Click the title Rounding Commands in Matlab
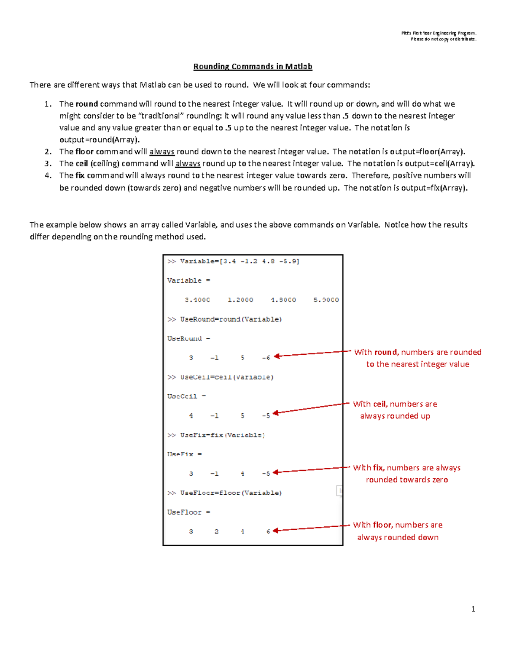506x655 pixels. (x=253, y=67)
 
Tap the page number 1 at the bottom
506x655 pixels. (x=473, y=609)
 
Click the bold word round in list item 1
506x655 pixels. (x=87, y=104)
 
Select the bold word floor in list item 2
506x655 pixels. (x=84, y=151)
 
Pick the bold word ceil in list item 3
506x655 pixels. (x=82, y=163)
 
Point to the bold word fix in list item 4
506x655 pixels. (x=80, y=175)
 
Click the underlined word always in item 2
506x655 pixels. (x=162, y=151)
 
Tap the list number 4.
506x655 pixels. (x=48, y=175)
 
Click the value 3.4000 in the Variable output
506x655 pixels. (x=197, y=300)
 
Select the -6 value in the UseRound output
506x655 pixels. (x=266, y=358)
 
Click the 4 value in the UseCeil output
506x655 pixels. (x=191, y=415)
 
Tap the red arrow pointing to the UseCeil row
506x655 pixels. (x=312, y=408)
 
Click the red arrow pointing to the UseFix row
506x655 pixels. (x=312, y=470)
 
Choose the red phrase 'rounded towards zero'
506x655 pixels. (x=407, y=480)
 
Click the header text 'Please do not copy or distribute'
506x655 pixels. (x=444, y=39)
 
